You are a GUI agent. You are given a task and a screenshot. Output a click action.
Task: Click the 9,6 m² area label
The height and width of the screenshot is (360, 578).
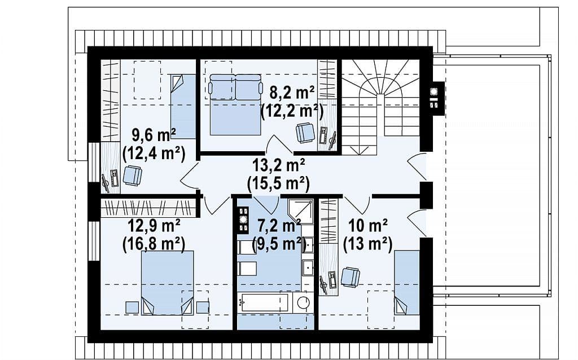tap(154, 135)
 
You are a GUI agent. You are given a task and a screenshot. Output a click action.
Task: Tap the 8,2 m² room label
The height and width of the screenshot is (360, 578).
tap(292, 93)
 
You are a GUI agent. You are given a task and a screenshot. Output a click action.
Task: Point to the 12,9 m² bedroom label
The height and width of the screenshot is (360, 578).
tap(154, 225)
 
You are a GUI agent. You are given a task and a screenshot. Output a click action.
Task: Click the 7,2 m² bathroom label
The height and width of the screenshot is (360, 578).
tap(279, 225)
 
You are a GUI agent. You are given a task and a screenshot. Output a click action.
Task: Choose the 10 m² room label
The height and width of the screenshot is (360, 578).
tap(368, 225)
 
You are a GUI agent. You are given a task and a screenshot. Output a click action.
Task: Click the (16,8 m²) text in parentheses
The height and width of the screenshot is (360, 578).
tap(154, 243)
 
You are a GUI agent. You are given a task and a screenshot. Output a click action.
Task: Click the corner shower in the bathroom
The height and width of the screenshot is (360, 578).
tap(300, 212)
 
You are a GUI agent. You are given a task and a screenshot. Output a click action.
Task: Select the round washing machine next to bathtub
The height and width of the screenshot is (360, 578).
tap(303, 302)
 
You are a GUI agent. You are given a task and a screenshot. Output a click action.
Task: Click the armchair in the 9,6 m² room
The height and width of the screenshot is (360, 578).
tap(132, 175)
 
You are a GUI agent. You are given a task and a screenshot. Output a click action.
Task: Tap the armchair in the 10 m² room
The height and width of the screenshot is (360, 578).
tap(350, 277)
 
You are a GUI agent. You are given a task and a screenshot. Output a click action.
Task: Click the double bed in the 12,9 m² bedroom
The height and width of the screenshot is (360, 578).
tap(167, 283)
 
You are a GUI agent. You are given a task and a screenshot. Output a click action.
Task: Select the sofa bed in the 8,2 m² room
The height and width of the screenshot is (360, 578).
tap(235, 104)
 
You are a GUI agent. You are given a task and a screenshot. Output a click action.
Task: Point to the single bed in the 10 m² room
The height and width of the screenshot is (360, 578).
tap(407, 283)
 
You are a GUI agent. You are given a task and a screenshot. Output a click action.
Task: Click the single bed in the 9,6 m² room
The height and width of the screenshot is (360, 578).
tap(183, 106)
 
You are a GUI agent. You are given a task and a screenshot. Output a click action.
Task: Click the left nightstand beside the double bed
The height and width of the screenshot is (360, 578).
tap(132, 308)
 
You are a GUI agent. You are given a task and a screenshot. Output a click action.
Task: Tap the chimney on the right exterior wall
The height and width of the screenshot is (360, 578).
tap(435, 98)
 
